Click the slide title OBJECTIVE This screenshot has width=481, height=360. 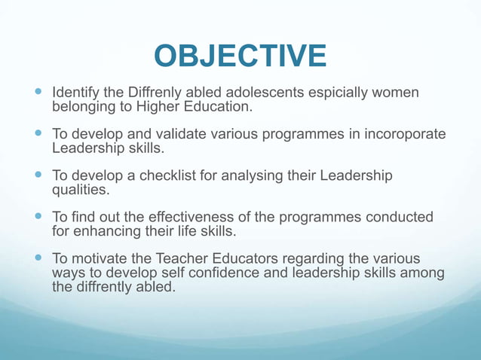tap(240, 56)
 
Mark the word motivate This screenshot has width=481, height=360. tap(97, 258)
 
